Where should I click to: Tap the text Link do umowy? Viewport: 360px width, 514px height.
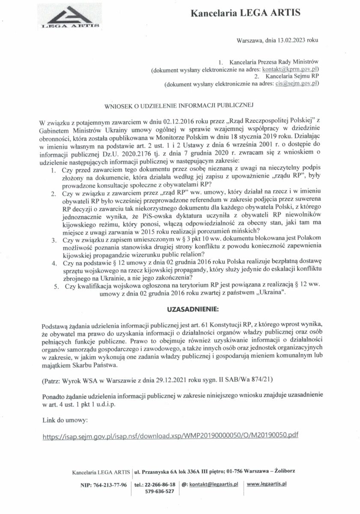coord(65,418)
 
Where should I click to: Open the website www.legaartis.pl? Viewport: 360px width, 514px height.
coord(267,484)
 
